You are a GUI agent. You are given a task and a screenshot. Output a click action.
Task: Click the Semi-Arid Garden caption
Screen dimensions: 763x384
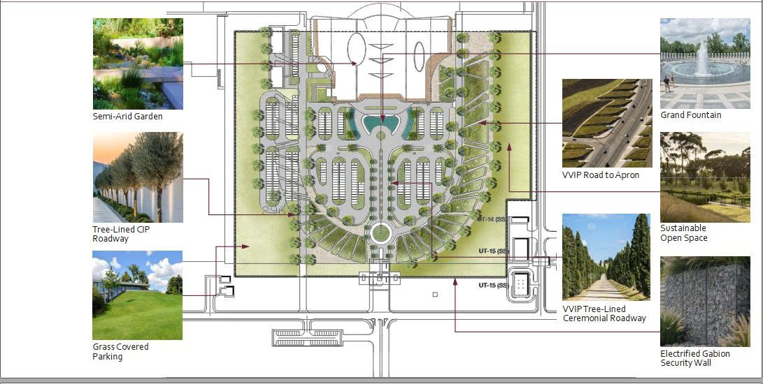[127, 117]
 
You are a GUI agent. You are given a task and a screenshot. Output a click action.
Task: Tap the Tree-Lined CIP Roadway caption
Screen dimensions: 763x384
[121, 234]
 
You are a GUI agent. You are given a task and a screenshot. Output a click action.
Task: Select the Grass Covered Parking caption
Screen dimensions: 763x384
[120, 351]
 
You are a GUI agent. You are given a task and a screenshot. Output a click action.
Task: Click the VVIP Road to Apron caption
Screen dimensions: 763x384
[601, 175]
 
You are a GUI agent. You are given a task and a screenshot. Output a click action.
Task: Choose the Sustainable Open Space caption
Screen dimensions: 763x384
[683, 232]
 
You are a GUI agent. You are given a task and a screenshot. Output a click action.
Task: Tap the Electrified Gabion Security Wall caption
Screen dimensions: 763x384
[695, 358]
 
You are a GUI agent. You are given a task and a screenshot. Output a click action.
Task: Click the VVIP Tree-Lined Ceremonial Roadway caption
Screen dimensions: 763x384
[604, 313]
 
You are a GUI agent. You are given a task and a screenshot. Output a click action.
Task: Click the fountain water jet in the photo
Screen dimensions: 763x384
[702, 58]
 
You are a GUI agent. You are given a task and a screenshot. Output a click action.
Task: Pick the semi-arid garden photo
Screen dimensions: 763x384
[138, 64]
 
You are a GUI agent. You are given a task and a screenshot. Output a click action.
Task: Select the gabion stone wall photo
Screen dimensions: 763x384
[705, 302]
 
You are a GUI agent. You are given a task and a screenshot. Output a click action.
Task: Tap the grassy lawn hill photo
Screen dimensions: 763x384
[137, 295]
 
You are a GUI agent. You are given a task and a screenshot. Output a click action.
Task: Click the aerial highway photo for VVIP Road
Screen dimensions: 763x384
[607, 123]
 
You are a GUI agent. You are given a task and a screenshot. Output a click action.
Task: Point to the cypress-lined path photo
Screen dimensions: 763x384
[606, 257]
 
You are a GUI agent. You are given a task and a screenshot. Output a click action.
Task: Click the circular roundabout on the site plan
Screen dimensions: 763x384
[381, 233]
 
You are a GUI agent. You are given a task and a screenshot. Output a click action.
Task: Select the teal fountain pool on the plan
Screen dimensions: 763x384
[381, 125]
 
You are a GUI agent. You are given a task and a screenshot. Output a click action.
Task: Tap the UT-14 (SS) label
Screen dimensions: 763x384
[492, 220]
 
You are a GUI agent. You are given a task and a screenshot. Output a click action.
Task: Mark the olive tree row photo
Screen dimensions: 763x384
[138, 177]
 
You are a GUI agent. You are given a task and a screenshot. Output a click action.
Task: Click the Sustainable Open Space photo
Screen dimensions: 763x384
[705, 177]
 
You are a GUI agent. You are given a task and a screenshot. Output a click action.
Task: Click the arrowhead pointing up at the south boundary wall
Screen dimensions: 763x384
[455, 281]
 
